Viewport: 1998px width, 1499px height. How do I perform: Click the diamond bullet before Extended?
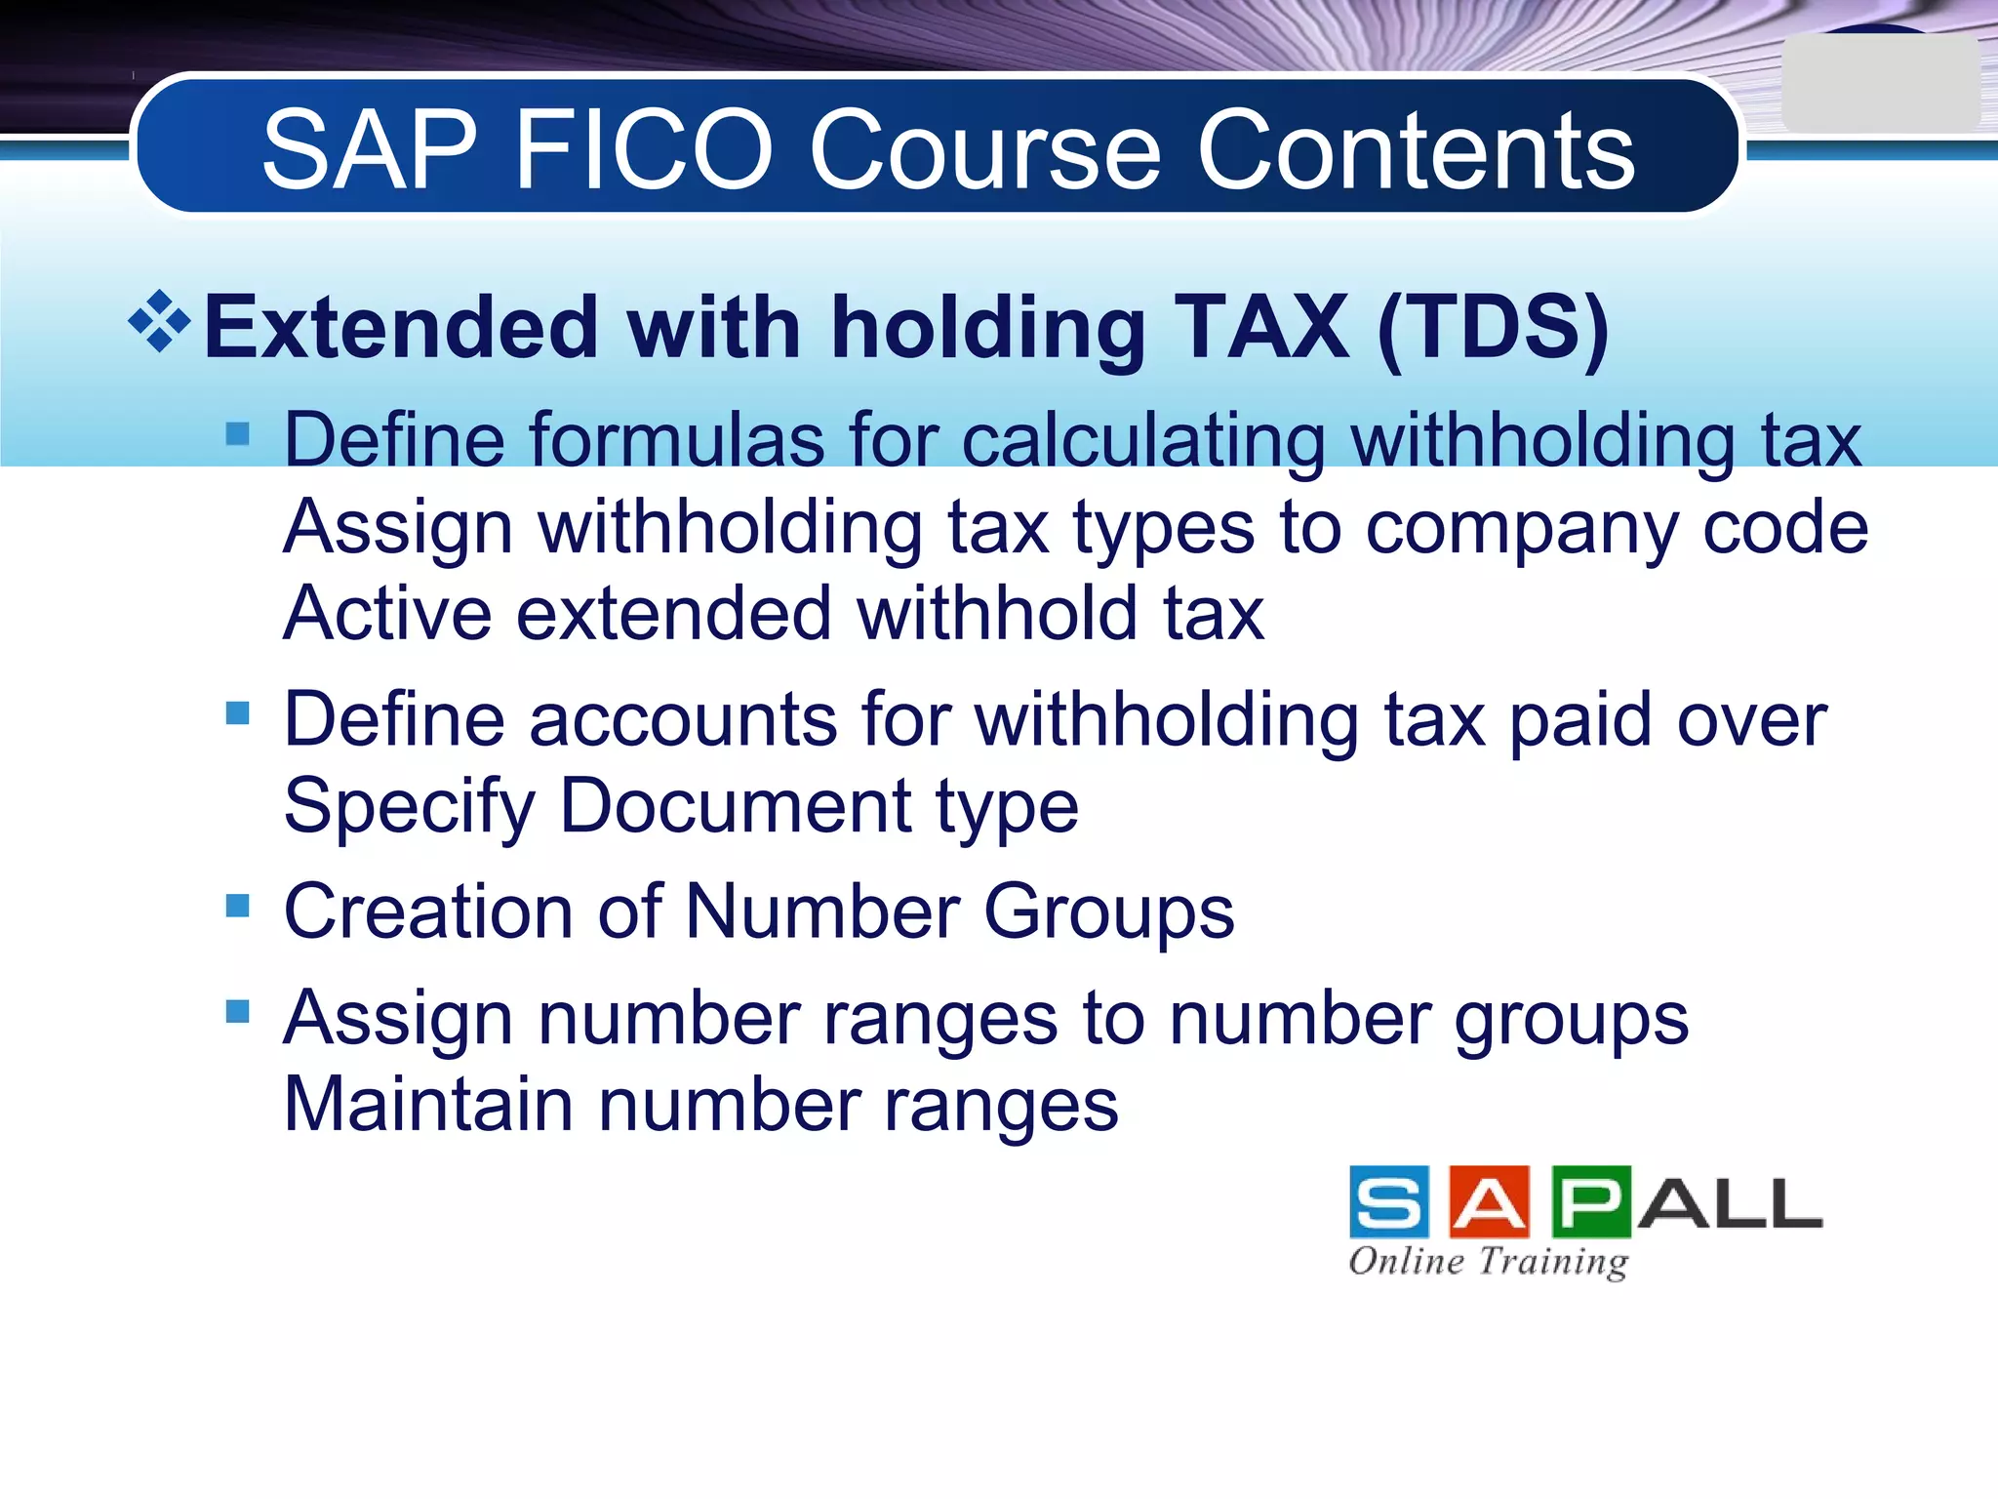click(159, 321)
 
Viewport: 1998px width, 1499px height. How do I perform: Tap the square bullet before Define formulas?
click(237, 432)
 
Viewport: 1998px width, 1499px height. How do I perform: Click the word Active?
click(387, 614)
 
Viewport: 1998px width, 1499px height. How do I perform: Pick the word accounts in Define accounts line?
click(683, 719)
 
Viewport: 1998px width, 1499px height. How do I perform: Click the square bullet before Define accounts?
click(237, 712)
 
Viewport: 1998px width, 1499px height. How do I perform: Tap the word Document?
click(736, 806)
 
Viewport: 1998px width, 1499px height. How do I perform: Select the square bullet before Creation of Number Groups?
click(237, 906)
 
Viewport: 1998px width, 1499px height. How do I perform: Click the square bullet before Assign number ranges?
click(237, 1011)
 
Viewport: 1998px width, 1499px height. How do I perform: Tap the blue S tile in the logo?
click(1389, 1202)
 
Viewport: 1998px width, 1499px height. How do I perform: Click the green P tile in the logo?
click(1590, 1202)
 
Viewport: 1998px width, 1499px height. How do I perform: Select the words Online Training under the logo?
click(1488, 1261)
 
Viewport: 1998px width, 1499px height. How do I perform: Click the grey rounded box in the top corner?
click(1879, 84)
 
